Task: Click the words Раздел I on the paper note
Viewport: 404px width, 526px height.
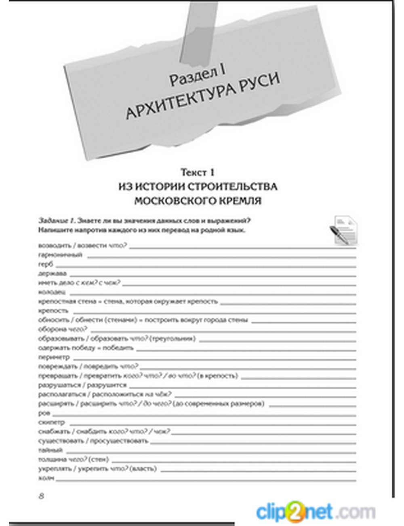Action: click(197, 75)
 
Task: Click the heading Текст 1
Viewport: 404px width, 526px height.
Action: click(198, 172)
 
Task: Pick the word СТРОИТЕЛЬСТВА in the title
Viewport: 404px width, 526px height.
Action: click(233, 187)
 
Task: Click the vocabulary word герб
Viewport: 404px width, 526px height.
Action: click(46, 264)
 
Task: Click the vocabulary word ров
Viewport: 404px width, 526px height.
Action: click(44, 413)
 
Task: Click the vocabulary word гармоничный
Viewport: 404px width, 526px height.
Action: click(61, 255)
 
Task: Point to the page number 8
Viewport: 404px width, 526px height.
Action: click(41, 496)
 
